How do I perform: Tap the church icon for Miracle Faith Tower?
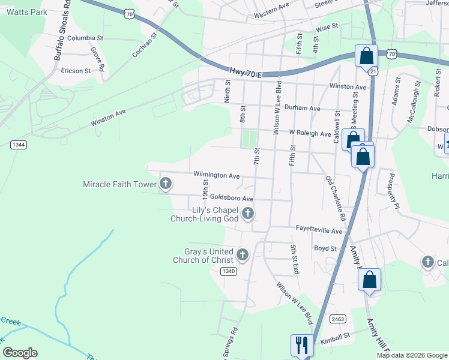click(x=165, y=184)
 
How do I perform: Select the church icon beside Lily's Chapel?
click(x=247, y=213)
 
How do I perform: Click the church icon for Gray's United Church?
click(x=243, y=255)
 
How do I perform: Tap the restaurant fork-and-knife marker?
click(x=302, y=345)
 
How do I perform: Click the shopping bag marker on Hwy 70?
click(x=366, y=56)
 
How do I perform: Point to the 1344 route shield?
click(x=18, y=144)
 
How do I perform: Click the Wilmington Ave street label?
click(x=216, y=176)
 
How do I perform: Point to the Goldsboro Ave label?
click(x=232, y=198)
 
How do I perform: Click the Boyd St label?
click(x=325, y=248)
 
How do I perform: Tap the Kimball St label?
click(x=335, y=338)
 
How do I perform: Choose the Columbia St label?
click(x=85, y=38)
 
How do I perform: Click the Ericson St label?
click(x=76, y=70)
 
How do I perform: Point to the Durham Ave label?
click(x=303, y=109)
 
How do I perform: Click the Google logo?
click(x=20, y=352)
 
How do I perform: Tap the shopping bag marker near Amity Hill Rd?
click(x=370, y=280)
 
